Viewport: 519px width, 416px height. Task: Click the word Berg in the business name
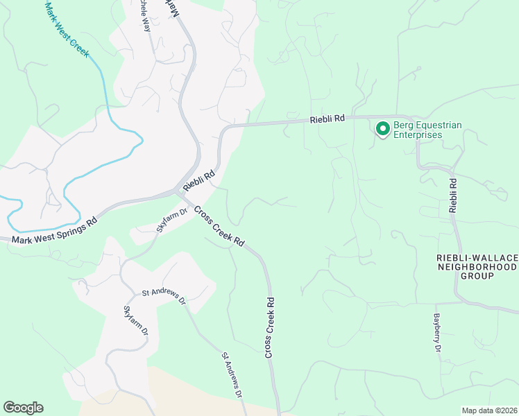tap(405, 125)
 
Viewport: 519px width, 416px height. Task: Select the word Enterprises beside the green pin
tap(418, 135)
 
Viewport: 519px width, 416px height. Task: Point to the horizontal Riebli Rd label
tap(327, 119)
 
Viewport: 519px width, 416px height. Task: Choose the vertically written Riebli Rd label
tap(452, 196)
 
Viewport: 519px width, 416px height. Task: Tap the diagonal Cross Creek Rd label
tap(219, 227)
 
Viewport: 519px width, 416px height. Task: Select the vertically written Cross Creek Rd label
tap(270, 328)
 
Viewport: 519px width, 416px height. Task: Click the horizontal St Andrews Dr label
tap(164, 297)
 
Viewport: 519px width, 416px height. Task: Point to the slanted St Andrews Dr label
tap(232, 374)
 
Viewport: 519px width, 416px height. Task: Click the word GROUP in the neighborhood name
tap(477, 276)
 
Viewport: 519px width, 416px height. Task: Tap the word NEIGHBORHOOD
tap(477, 267)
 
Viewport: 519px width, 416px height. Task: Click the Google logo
tap(23, 408)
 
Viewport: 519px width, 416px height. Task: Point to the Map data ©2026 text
tap(489, 410)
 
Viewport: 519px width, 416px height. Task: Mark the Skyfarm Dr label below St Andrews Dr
tap(135, 321)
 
